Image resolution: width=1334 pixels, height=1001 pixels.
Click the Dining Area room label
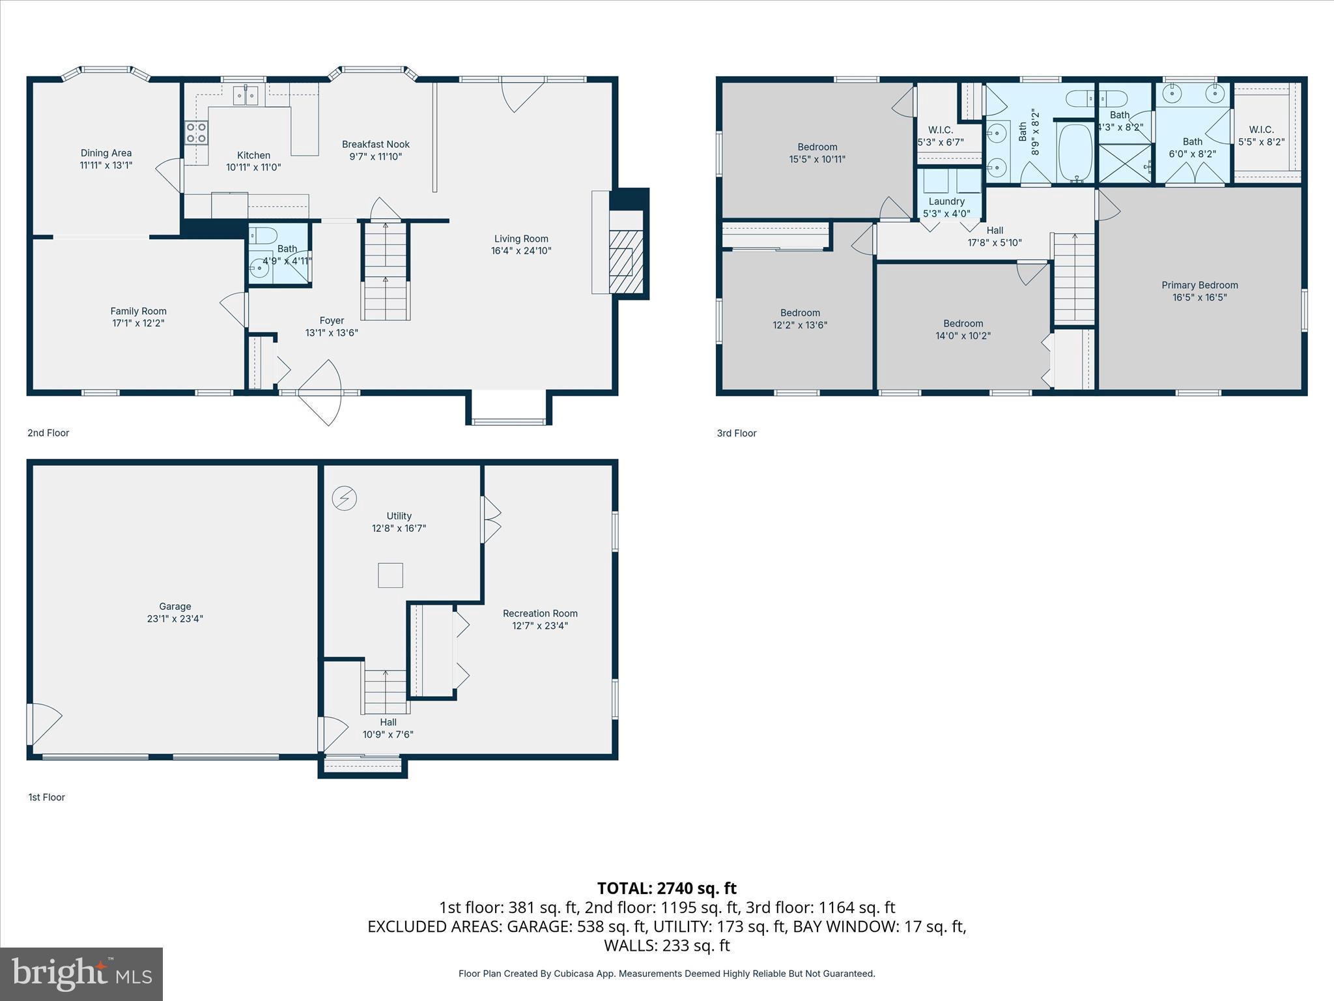(106, 153)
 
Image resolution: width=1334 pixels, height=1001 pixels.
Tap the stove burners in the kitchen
(197, 133)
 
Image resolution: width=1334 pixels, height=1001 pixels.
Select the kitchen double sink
(246, 95)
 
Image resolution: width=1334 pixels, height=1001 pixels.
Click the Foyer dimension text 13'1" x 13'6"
(332, 332)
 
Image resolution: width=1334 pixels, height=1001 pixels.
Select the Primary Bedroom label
(1199, 285)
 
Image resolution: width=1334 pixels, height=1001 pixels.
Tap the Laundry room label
(946, 201)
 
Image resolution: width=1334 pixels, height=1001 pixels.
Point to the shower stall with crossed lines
(1126, 163)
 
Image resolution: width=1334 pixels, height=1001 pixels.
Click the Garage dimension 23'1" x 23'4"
(175, 618)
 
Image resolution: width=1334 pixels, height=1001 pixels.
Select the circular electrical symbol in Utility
(344, 498)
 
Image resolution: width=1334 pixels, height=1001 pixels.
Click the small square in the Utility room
(390, 575)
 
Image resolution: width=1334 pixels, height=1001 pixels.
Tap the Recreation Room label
(540, 613)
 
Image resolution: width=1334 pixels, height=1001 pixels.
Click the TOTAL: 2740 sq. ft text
(666, 888)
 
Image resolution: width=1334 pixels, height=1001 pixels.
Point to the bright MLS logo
(81, 974)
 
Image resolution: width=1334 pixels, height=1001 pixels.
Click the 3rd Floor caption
(736, 433)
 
